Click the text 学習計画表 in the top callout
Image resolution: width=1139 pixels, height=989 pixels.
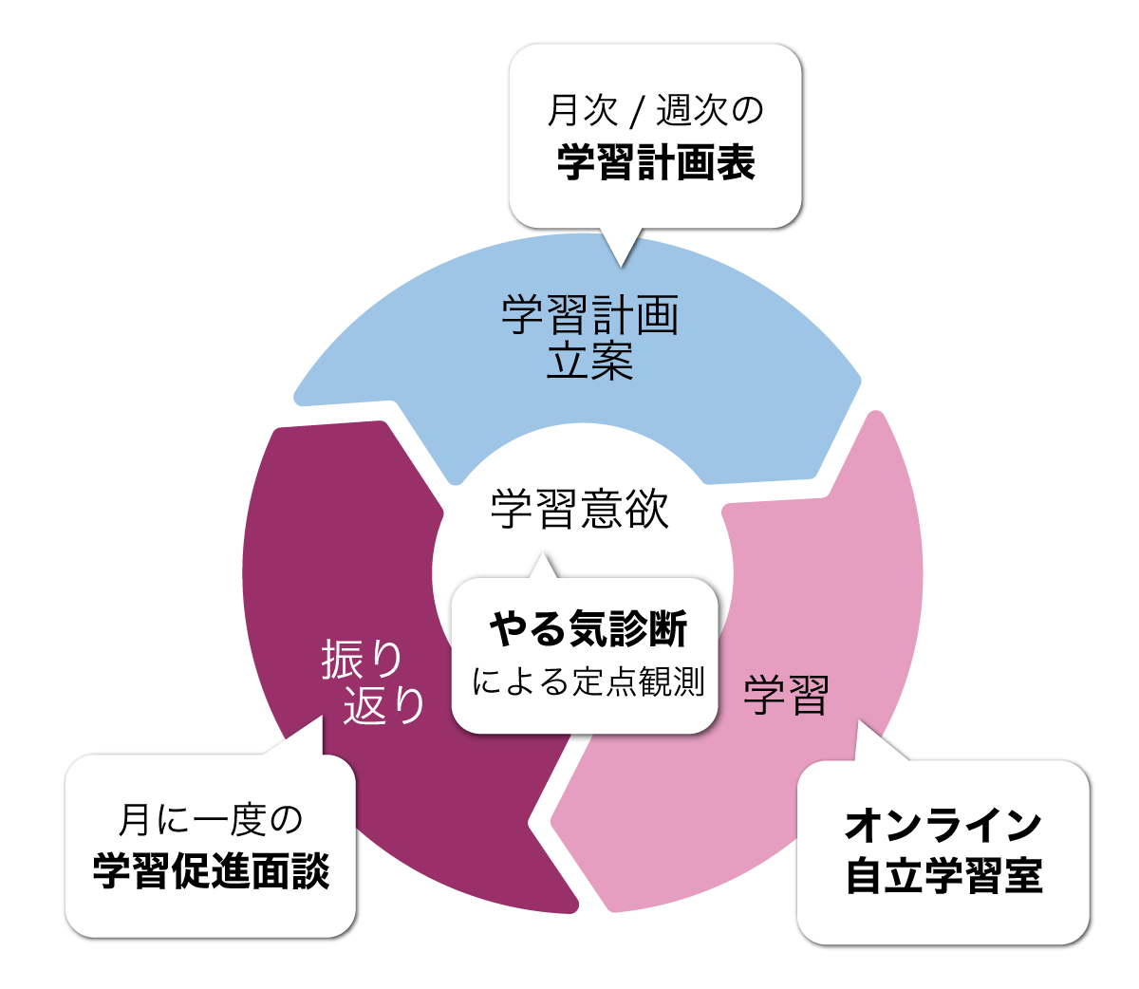(x=656, y=162)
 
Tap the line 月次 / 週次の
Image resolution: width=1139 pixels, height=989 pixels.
(x=656, y=111)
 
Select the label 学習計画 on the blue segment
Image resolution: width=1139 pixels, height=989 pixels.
(x=589, y=315)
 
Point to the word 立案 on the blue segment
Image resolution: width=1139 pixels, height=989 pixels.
(x=589, y=362)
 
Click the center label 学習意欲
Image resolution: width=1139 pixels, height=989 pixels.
(x=580, y=509)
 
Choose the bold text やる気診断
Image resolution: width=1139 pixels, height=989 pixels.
(x=588, y=628)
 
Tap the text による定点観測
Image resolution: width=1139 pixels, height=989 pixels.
(x=588, y=681)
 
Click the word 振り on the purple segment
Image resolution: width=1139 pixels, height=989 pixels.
(x=363, y=659)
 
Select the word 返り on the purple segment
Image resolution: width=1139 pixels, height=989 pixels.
(x=383, y=704)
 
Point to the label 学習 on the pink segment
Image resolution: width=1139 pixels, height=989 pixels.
(x=786, y=695)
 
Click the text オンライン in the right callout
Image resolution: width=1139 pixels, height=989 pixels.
(x=943, y=825)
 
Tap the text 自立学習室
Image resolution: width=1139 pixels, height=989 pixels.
(x=943, y=875)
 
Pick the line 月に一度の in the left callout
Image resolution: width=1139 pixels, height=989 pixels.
(x=211, y=820)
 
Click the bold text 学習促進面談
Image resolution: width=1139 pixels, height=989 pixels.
(x=211, y=871)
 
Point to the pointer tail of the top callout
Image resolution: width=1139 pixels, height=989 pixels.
(x=623, y=249)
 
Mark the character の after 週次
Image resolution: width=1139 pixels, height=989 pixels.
(x=749, y=111)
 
